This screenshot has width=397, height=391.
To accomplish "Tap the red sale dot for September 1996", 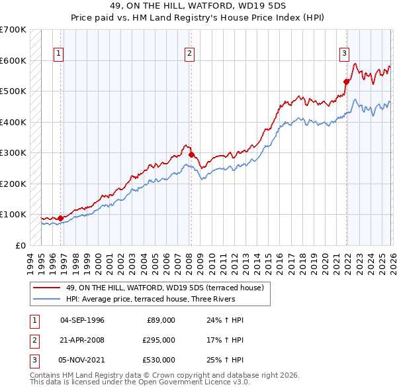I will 60,217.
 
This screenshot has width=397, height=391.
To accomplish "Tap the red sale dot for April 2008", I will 191,154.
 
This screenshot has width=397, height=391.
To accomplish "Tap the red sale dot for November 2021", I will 346,82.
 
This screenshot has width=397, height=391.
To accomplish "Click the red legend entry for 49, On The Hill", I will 165,288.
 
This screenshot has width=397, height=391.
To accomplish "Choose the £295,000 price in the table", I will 159,340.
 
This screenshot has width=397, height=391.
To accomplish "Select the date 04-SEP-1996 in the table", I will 82,320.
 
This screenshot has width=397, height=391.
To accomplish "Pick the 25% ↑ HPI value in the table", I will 225,360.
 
